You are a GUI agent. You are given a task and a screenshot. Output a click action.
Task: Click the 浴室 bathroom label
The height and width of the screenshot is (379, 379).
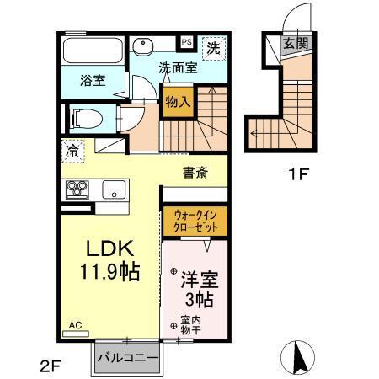pos(93,82)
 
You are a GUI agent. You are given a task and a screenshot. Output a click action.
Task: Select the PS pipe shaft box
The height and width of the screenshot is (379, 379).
pos(186,40)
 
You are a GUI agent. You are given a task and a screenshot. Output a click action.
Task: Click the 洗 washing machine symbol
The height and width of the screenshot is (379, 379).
pos(216,48)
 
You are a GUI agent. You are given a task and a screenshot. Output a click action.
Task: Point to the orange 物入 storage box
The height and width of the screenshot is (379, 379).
pos(178,102)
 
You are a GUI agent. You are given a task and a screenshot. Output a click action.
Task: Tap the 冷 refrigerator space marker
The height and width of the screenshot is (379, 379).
pos(72,153)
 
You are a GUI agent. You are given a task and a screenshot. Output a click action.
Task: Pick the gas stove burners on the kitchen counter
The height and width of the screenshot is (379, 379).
pos(77,189)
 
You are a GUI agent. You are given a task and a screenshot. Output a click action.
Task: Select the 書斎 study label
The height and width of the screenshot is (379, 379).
pos(196,173)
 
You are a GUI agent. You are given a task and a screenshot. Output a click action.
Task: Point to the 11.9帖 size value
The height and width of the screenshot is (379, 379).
pos(109,272)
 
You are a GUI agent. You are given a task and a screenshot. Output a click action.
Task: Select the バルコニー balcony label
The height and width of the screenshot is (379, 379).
pos(127,357)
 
